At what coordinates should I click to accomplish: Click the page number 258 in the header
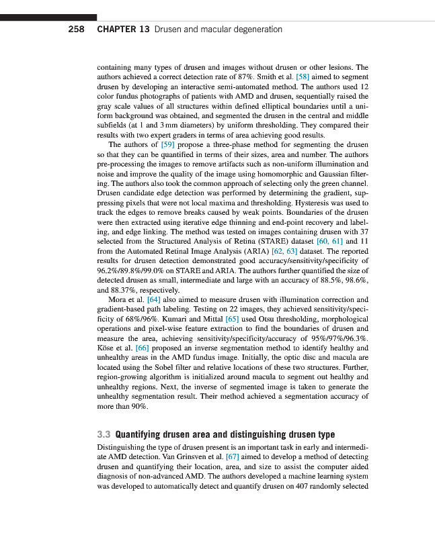[77, 30]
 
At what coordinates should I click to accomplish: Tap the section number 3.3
[104, 434]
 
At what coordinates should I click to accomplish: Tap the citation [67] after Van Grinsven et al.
[235, 456]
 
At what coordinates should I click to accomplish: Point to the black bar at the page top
[48, 17]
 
